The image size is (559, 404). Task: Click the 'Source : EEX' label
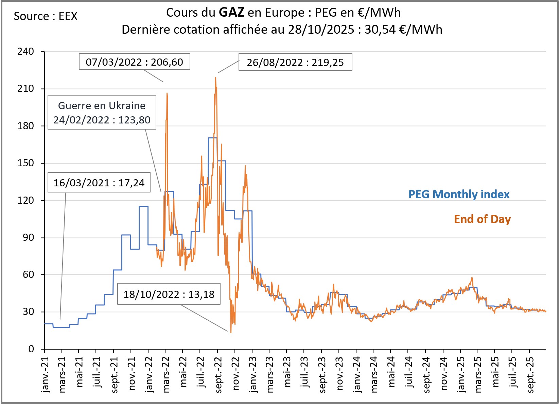click(x=46, y=16)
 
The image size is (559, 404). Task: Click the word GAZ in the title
click(x=231, y=13)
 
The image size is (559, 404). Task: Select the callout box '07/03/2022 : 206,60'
click(x=134, y=62)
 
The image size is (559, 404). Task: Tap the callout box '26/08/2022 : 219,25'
click(x=295, y=62)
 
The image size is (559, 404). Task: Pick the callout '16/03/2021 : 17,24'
click(x=99, y=183)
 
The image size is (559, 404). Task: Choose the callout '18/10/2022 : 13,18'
click(x=169, y=294)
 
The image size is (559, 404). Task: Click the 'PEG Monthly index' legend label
click(x=459, y=194)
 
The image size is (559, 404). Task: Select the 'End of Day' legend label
click(x=482, y=219)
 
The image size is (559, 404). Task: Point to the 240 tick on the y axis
click(x=26, y=52)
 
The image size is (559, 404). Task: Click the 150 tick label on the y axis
click(x=26, y=163)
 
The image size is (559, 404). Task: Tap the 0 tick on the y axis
click(x=31, y=349)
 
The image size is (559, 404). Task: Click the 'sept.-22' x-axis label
click(x=218, y=374)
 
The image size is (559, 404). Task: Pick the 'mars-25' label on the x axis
click(x=478, y=374)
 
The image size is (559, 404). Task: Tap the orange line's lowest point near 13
click(x=231, y=332)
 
